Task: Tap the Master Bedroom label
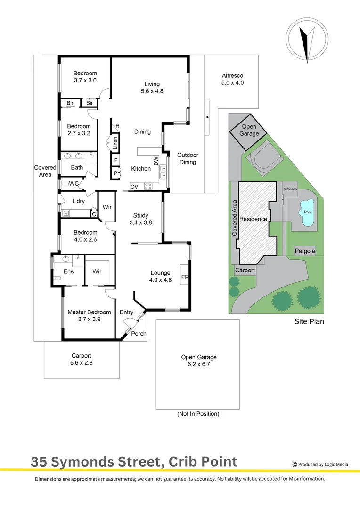pyautogui.click(x=89, y=312)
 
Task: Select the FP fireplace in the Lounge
pyautogui.click(x=185, y=277)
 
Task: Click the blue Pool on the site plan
pyautogui.click(x=308, y=213)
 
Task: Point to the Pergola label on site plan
pyautogui.click(x=304, y=251)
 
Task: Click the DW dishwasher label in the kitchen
pyautogui.click(x=156, y=162)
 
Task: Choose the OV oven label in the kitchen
pyautogui.click(x=134, y=187)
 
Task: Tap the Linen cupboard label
pyautogui.click(x=115, y=143)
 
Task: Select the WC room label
pyautogui.click(x=74, y=184)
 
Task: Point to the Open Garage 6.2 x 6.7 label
pyautogui.click(x=199, y=361)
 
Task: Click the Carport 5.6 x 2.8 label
pyautogui.click(x=81, y=360)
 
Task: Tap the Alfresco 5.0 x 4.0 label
pyautogui.click(x=232, y=79)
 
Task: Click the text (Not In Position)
pyautogui.click(x=198, y=414)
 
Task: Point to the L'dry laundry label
pyautogui.click(x=78, y=201)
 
